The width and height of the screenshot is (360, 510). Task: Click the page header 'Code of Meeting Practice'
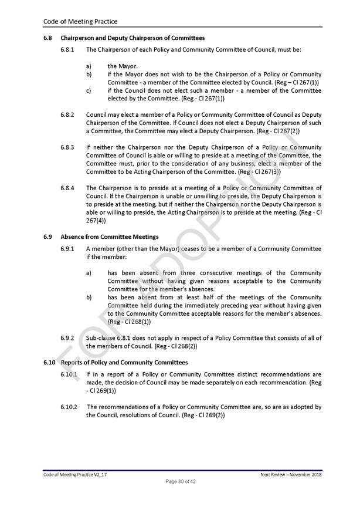tap(80, 22)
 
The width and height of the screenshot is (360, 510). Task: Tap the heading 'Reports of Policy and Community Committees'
tap(125, 363)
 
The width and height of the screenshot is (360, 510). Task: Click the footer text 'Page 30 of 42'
tap(180, 482)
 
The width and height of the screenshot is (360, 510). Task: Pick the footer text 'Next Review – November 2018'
tap(291, 474)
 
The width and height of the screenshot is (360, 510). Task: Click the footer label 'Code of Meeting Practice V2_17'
tap(75, 474)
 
